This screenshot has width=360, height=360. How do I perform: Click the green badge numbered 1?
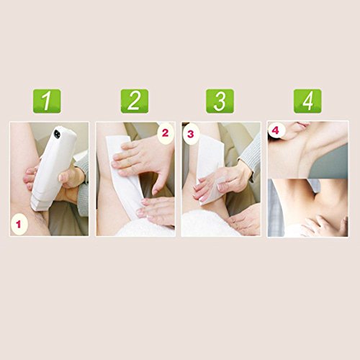pyautogui.click(x=47, y=101)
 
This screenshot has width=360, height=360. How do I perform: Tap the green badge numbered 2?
pyautogui.click(x=135, y=101)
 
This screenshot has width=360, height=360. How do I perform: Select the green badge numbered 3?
pyautogui.click(x=220, y=101)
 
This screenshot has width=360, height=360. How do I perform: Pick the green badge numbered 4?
pyautogui.click(x=307, y=101)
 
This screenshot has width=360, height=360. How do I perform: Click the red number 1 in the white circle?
pyautogui.click(x=19, y=225)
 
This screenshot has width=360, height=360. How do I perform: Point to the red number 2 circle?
pyautogui.click(x=166, y=133)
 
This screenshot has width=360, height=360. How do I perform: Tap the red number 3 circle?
pyautogui.click(x=190, y=134)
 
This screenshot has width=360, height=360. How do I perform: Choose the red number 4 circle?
pyautogui.click(x=276, y=130)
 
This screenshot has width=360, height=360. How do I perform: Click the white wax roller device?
pyautogui.click(x=53, y=168)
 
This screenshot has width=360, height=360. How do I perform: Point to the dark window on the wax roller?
pyautogui.click(x=57, y=134)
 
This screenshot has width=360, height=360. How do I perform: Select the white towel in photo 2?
pyautogui.click(x=146, y=229)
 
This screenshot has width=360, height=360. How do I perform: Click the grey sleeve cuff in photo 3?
pyautogui.click(x=251, y=157)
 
